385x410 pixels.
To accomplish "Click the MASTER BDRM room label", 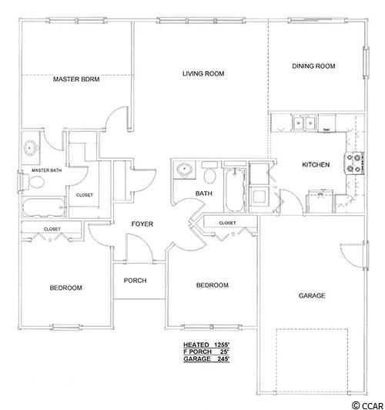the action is [76, 79].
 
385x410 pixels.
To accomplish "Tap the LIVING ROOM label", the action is [203, 73].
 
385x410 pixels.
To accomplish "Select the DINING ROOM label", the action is [313, 66].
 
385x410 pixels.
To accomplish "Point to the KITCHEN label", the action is [316, 164].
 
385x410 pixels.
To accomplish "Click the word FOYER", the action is [142, 223].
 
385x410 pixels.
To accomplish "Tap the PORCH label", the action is [135, 281].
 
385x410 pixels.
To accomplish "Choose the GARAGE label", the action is [312, 295].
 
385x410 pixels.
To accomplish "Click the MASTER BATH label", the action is [47, 170].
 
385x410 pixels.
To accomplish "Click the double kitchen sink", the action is [304, 122].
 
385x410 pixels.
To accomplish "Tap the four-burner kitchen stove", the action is [355, 163].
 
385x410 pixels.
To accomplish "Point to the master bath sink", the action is [30, 148].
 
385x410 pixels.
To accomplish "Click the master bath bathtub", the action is [43, 207].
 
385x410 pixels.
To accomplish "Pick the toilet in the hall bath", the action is [209, 173].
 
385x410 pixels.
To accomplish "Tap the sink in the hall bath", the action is [184, 170].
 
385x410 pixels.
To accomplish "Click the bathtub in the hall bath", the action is [235, 190].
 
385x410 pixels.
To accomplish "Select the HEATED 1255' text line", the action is [206, 344].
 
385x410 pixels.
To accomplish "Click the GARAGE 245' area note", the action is [206, 359].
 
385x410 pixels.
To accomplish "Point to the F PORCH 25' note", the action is [206, 351].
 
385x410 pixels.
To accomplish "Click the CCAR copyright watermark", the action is [368, 405].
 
